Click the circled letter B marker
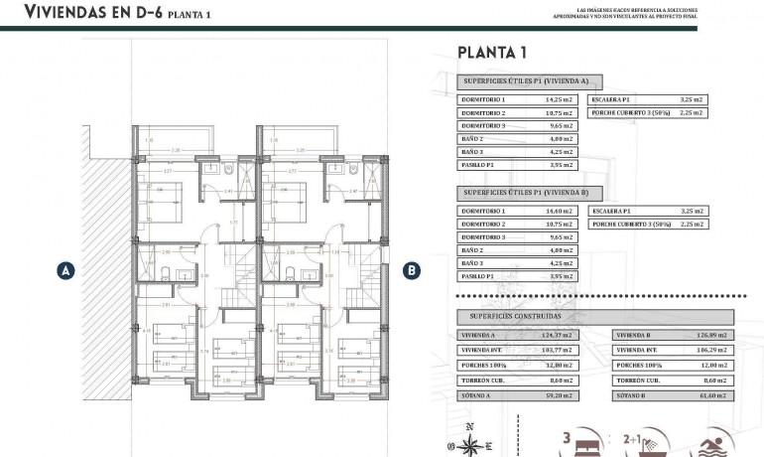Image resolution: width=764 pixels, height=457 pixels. (410, 269)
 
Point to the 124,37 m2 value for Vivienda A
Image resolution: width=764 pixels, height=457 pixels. (562, 335)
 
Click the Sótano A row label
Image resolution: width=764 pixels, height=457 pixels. (476, 395)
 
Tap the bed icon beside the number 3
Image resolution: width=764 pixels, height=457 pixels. (584, 438)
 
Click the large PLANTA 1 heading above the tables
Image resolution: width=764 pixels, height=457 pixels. (492, 53)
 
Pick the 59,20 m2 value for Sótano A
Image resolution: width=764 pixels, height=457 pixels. (562, 395)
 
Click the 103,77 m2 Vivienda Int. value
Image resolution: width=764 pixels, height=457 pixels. (562, 350)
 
